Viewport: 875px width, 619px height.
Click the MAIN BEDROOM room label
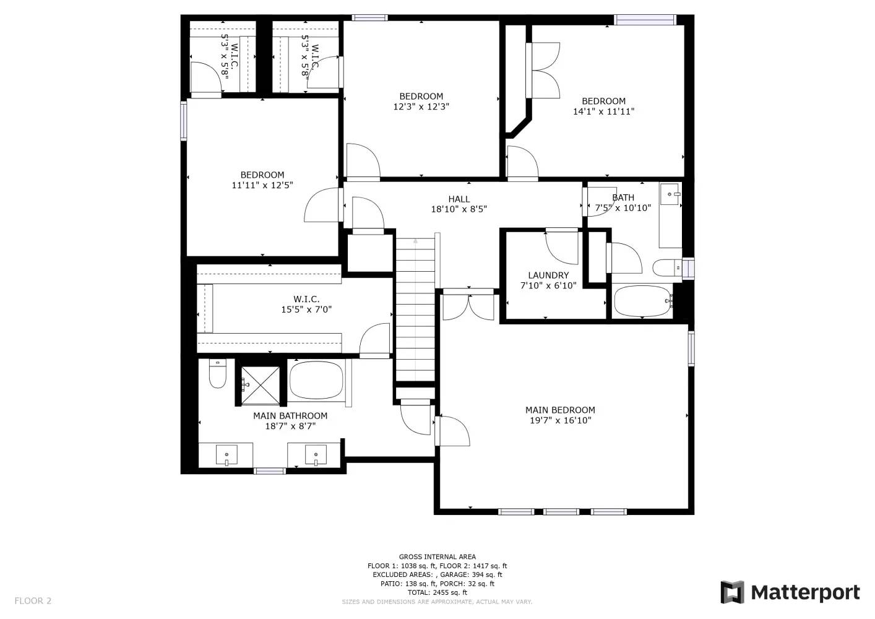560,410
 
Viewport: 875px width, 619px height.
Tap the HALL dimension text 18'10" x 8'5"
459,209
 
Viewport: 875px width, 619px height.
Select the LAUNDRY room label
548,275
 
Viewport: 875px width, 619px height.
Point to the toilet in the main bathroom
218,374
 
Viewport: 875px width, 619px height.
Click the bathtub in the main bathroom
316,380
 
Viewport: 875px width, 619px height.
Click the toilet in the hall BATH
666,267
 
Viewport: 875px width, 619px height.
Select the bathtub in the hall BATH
642,301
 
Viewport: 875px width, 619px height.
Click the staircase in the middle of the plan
416,309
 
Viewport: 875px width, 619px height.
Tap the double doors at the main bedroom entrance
468,305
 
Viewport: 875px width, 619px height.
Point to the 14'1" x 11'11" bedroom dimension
603,112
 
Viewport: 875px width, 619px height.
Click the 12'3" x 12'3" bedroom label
421,96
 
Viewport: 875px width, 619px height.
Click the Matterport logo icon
732,592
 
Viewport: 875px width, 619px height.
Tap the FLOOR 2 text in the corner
33,600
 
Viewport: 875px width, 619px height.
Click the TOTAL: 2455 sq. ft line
437,592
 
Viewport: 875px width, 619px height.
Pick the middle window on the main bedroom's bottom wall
561,512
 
